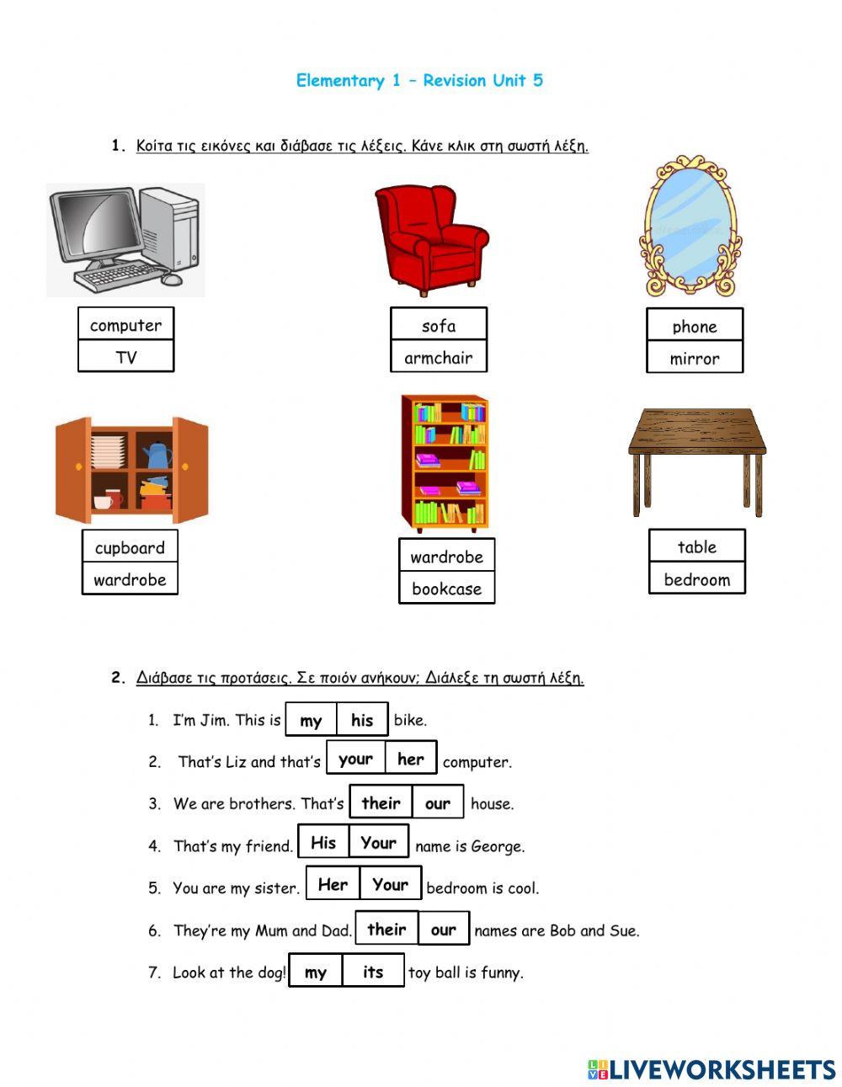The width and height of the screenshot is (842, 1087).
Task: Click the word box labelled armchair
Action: pyautogui.click(x=438, y=357)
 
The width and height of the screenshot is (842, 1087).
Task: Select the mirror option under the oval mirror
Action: pyautogui.click(x=695, y=358)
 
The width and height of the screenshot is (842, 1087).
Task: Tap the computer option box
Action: pyautogui.click(x=125, y=325)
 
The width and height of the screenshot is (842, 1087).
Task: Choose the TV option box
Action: pyautogui.click(x=125, y=357)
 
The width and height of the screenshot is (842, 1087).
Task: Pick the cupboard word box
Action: pyautogui.click(x=130, y=547)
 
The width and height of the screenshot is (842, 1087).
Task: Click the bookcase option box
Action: pyautogui.click(x=446, y=589)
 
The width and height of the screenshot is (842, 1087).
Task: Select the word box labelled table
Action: pyautogui.click(x=696, y=546)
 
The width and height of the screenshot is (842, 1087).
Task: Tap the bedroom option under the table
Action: pyautogui.click(x=696, y=579)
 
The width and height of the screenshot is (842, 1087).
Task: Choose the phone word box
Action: pyautogui.click(x=695, y=326)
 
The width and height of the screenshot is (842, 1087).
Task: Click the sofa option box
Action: pyautogui.click(x=438, y=325)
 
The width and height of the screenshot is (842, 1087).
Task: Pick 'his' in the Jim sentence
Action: pyautogui.click(x=362, y=720)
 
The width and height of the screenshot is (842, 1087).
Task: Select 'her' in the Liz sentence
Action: pyautogui.click(x=411, y=759)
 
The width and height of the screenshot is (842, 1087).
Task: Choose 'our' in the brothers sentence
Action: pyautogui.click(x=437, y=803)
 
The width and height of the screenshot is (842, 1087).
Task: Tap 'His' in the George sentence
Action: pyautogui.click(x=323, y=843)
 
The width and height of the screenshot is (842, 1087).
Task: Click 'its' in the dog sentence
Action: pyautogui.click(x=373, y=972)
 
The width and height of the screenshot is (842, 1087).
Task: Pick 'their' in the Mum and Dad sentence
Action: pyautogui.click(x=386, y=930)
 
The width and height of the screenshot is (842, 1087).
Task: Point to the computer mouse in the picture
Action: pyautogui.click(x=172, y=279)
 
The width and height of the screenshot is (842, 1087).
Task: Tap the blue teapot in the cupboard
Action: pyautogui.click(x=157, y=455)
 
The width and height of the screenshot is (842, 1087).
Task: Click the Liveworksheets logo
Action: pyautogui.click(x=711, y=1069)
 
